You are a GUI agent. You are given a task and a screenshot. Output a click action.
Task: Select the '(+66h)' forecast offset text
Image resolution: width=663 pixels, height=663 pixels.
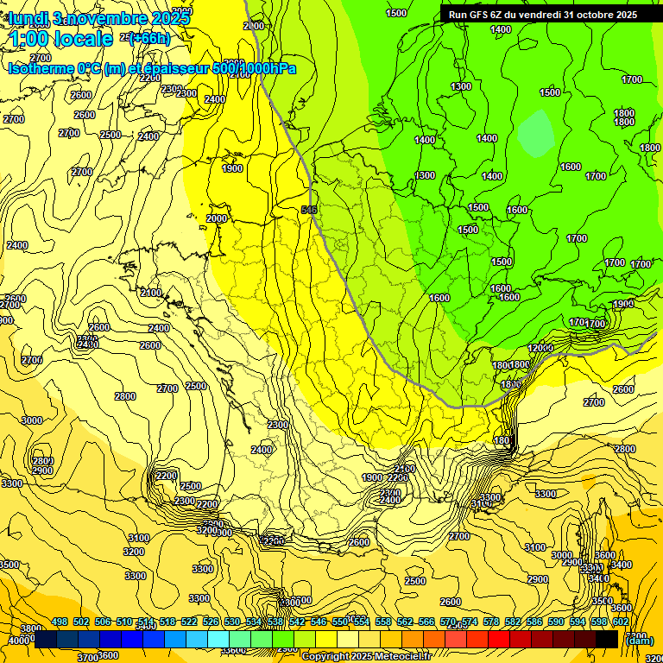pyautogui.click(x=149, y=37)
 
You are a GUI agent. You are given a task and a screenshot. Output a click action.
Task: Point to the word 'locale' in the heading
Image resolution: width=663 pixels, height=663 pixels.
pyautogui.click(x=83, y=39)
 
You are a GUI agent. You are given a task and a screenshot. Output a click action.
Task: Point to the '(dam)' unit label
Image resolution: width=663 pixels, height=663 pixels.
pyautogui.click(x=638, y=640)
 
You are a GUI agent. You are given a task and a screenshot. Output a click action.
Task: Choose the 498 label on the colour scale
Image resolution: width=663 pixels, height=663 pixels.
pyautogui.click(x=60, y=622)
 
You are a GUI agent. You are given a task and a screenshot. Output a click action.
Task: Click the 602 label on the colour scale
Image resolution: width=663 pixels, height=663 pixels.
pyautogui.click(x=620, y=622)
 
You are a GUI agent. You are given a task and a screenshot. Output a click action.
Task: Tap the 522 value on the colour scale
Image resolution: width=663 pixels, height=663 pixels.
pyautogui.click(x=189, y=622)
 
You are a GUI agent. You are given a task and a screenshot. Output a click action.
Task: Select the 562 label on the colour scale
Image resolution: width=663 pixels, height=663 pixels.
pyautogui.click(x=404, y=622)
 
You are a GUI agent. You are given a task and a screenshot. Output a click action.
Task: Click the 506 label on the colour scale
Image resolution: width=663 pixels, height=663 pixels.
pyautogui.click(x=103, y=622)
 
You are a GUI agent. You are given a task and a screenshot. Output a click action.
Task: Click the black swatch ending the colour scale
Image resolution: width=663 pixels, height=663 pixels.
pyautogui.click(x=607, y=639)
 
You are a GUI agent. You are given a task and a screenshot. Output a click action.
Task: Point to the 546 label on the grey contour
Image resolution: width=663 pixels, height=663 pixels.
pyautogui.click(x=309, y=210)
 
